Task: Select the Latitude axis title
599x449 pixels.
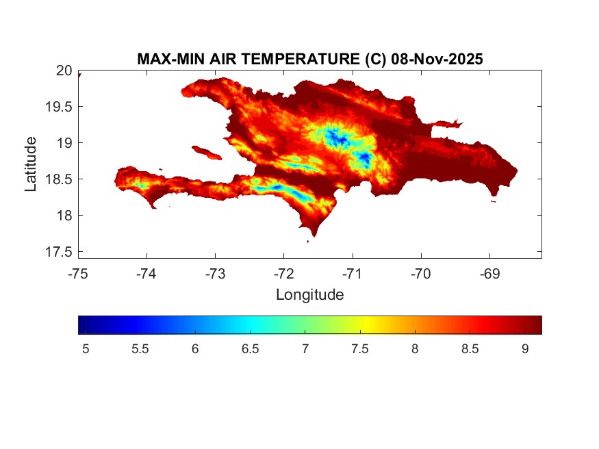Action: point(31,164)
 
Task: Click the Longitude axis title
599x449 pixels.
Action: point(309,295)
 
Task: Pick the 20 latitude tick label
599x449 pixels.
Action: point(65,70)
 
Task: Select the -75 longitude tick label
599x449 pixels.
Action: point(78,274)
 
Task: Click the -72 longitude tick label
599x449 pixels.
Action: point(283,274)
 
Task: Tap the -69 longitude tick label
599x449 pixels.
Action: point(489,274)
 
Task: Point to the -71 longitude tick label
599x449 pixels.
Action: point(353,274)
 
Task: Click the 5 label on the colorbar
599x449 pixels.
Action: point(86,349)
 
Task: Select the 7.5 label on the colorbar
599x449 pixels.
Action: point(360,349)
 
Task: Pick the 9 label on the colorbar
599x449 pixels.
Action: point(524,349)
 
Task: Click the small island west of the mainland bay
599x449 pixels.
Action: point(206,151)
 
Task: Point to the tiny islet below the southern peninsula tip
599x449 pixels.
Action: point(308,241)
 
